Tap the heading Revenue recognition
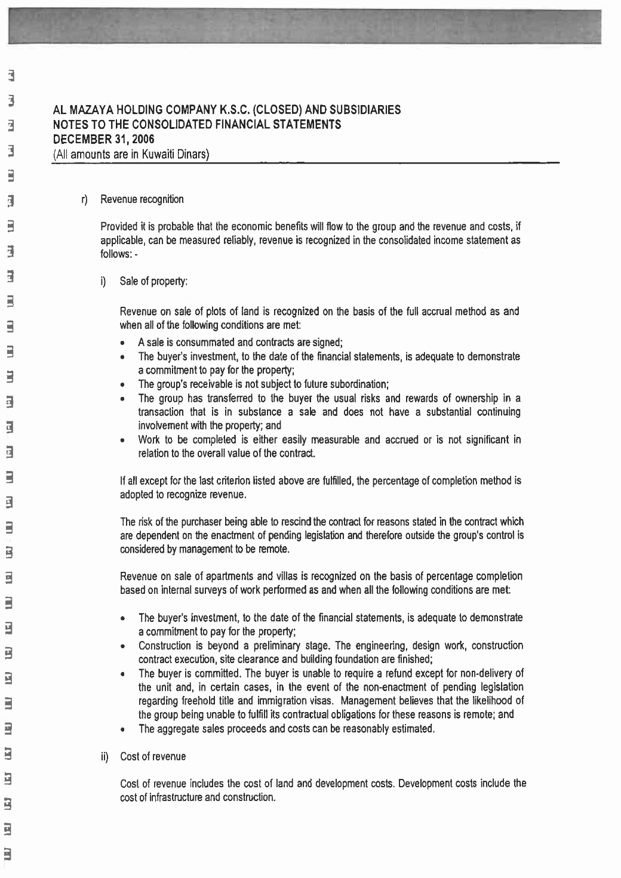(142, 199)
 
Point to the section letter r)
(85, 199)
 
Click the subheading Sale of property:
(153, 281)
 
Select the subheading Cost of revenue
(153, 757)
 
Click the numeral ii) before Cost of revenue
(104, 757)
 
